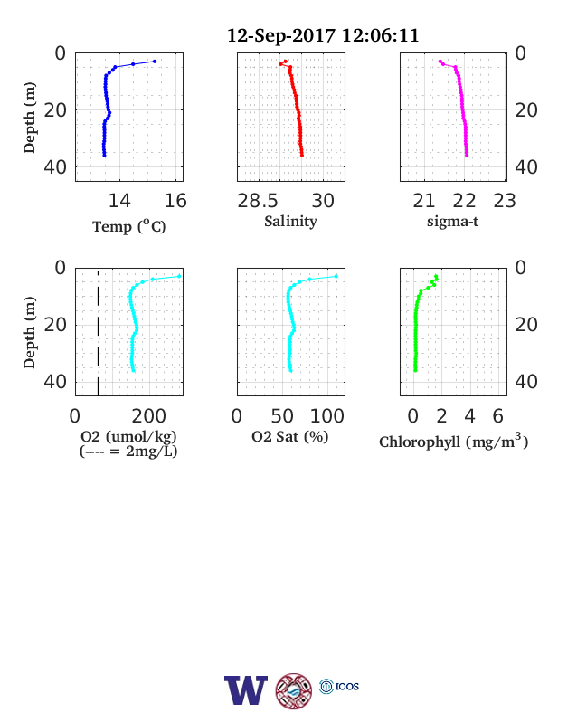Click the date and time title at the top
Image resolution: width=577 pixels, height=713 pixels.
point(323,35)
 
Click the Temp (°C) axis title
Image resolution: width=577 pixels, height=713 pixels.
point(129,226)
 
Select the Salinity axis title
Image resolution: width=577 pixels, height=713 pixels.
point(291,222)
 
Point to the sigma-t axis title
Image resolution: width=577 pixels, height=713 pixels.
point(452,222)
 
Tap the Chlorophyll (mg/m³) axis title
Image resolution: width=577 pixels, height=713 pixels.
point(454,442)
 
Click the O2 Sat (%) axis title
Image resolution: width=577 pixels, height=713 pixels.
point(290,436)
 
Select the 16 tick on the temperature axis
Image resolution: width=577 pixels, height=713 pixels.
point(175,201)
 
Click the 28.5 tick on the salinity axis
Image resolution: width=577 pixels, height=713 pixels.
point(258,201)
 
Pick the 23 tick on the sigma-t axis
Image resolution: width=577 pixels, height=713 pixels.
point(505,201)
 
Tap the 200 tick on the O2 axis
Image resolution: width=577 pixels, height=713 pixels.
point(149,416)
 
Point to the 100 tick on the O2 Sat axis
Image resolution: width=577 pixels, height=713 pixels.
point(327,416)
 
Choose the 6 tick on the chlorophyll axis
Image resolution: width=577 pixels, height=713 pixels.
point(498,416)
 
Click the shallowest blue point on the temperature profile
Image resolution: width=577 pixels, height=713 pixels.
point(155,62)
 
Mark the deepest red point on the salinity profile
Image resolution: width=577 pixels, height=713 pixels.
point(302,156)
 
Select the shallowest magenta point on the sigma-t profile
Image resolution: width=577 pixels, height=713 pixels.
point(440,61)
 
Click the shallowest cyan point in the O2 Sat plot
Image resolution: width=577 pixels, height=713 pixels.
point(336,276)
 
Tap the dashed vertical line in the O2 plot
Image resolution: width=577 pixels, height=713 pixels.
point(99,332)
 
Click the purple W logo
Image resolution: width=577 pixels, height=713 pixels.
point(246,690)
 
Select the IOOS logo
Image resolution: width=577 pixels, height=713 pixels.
point(339,686)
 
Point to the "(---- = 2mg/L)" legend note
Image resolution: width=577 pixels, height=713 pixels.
point(128,452)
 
